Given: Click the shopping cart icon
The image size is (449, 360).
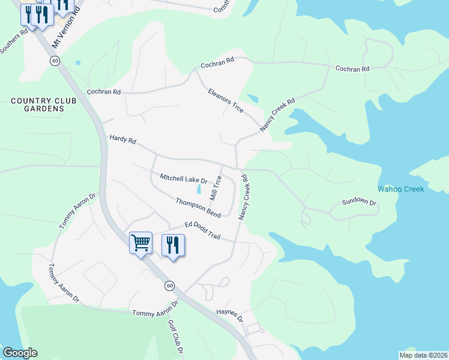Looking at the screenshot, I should click(140, 244).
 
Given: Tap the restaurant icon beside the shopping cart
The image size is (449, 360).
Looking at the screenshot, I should click(173, 245).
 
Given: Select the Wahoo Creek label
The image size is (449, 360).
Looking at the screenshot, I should click(400, 189).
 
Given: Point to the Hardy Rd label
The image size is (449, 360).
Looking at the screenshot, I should click(122, 139).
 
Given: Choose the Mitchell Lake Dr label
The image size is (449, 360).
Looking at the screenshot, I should click(183, 179).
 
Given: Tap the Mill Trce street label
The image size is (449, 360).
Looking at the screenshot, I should click(215, 188).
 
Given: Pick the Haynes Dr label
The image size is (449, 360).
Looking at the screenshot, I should click(229, 316).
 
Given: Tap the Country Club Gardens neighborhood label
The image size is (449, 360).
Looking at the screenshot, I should click(44, 104).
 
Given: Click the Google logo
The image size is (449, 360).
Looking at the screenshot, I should click(20, 353).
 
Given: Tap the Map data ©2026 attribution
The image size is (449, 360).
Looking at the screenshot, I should click(423, 355).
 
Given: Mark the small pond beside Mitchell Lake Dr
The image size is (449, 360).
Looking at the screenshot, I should click(199, 190).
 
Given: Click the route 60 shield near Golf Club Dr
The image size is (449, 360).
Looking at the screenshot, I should click(170, 286).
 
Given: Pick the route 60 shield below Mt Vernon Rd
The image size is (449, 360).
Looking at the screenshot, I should click(55, 61).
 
